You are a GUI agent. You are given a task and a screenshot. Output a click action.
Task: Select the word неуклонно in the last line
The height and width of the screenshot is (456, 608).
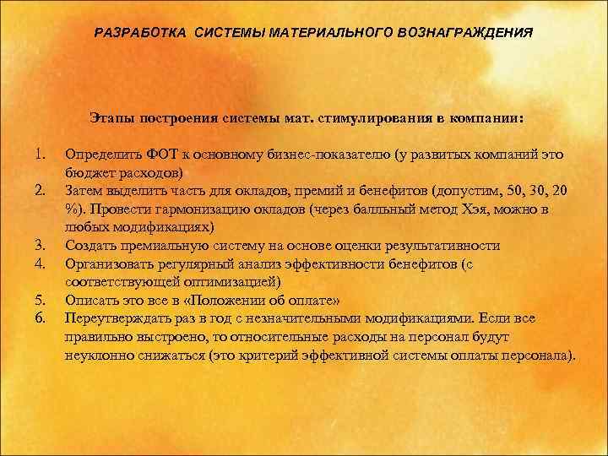tap(97, 353)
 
